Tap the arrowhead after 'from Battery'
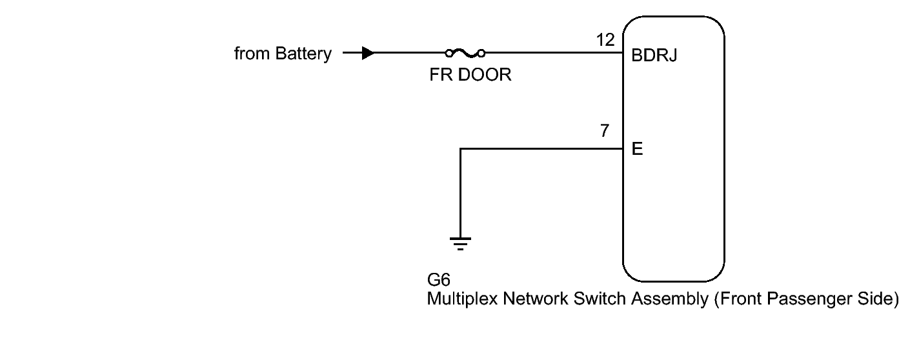pyautogui.click(x=368, y=53)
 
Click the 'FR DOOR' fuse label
pyautogui.click(x=470, y=75)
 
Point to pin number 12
pyautogui.click(x=605, y=40)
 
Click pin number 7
pyautogui.click(x=604, y=132)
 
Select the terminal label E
pyautogui.click(x=638, y=150)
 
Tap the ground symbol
pyautogui.click(x=460, y=243)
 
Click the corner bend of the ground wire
pyautogui.click(x=460, y=149)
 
